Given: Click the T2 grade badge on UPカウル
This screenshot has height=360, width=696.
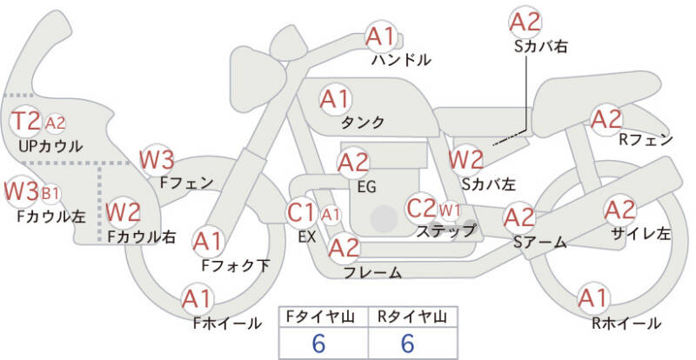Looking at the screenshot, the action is coord(25,121).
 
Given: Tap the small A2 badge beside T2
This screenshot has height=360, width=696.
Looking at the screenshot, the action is coord(55,123).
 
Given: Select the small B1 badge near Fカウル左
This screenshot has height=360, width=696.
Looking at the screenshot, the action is coord(50,194).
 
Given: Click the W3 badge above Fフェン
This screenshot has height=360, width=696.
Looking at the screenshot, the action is coord(157,160).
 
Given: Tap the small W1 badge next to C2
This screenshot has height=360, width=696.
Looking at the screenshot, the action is coord(450,210).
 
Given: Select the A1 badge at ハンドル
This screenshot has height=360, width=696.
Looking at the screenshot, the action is coord(380,37).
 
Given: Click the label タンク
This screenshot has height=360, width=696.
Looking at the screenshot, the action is coord(362,122).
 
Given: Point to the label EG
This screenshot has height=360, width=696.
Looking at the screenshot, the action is coord(366,187).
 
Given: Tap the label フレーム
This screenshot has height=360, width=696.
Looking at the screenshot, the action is coord(373,272).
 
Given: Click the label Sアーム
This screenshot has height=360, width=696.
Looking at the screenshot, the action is coord(539,242).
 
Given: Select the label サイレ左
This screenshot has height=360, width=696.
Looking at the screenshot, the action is coord(640,234).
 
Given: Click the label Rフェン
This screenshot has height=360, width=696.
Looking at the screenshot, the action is coord(646,140).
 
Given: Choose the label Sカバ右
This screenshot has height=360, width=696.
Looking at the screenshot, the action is coord(540,47).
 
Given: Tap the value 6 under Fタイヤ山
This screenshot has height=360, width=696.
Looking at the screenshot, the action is coord(318,343).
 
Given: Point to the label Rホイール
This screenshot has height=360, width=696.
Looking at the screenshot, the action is coord(626,323).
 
